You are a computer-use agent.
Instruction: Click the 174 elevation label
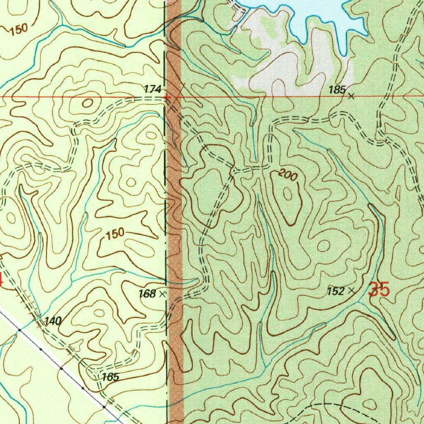(x=152, y=89)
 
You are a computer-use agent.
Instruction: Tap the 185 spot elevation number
(x=337, y=90)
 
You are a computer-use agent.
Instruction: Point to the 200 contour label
(x=287, y=176)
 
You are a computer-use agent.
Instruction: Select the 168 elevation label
(x=147, y=294)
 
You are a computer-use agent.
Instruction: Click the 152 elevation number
(x=335, y=291)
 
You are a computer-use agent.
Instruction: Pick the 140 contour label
(x=53, y=321)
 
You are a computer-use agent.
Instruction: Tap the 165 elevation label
(x=111, y=377)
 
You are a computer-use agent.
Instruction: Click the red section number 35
(x=379, y=289)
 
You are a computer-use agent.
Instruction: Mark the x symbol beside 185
(x=351, y=96)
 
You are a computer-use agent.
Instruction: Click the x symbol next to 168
(x=162, y=294)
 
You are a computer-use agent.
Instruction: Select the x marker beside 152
(x=352, y=291)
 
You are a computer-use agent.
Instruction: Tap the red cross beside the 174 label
(x=166, y=98)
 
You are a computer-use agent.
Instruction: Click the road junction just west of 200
(x=234, y=170)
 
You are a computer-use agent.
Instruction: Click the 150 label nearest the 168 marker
(x=115, y=233)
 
